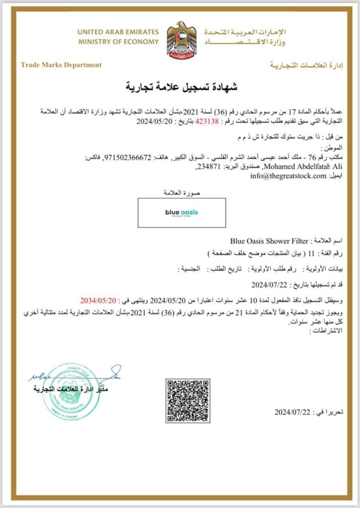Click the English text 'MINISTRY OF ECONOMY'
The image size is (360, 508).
(118, 42)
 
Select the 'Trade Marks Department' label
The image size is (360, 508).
(61, 64)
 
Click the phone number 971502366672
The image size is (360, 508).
(126, 157)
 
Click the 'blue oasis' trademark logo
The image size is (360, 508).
(182, 212)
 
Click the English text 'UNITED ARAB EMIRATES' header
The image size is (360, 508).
(118, 32)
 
